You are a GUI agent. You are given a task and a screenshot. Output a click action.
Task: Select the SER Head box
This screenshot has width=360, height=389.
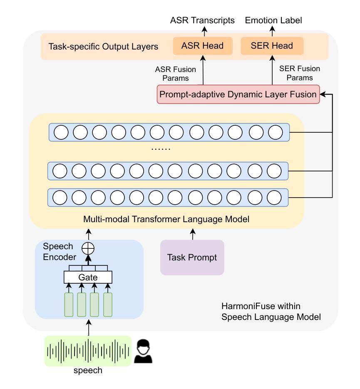coord(272,46)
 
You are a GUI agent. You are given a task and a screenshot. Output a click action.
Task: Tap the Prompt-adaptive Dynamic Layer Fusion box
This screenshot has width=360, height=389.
coord(238,94)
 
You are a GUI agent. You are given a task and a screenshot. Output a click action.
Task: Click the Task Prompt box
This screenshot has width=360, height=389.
coord(192,258)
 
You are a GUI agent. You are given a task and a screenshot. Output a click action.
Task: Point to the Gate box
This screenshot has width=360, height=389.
coord(88,277)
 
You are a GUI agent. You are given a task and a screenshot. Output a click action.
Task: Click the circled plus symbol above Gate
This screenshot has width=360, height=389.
coord(88,248)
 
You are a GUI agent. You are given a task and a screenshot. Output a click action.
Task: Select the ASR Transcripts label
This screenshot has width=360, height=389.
coord(203,20)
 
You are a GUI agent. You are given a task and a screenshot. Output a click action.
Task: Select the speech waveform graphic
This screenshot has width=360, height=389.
coord(88,351)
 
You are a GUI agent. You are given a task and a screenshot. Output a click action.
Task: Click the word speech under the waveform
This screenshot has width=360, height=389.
coord(88,370)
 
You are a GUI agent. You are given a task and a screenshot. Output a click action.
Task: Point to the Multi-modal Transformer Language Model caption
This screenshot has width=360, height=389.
coord(166,219)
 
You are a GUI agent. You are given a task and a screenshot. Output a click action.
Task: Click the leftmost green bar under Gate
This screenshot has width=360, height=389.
coord(69,304)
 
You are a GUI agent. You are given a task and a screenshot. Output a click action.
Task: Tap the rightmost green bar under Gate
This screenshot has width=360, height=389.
coord(108,304)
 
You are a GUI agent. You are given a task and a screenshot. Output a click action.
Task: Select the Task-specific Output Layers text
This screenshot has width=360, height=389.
coord(103,46)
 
